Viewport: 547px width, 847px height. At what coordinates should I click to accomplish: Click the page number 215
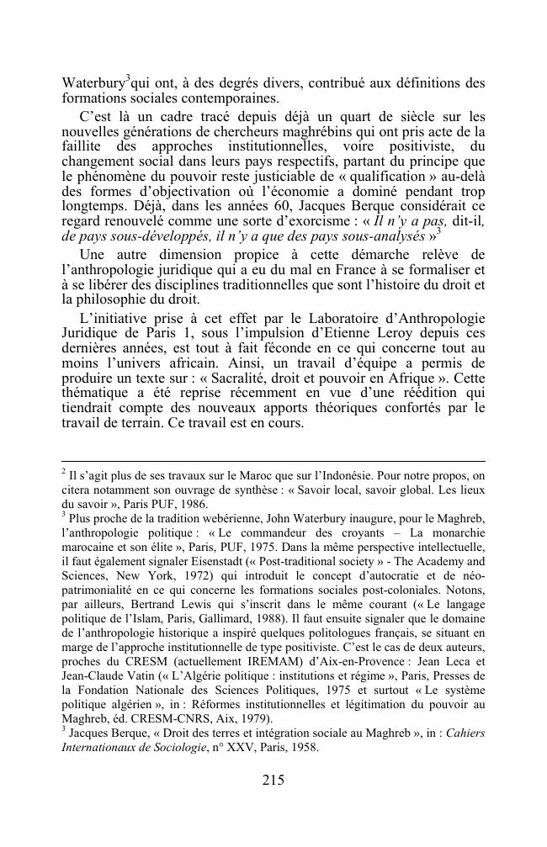pos(273,780)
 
